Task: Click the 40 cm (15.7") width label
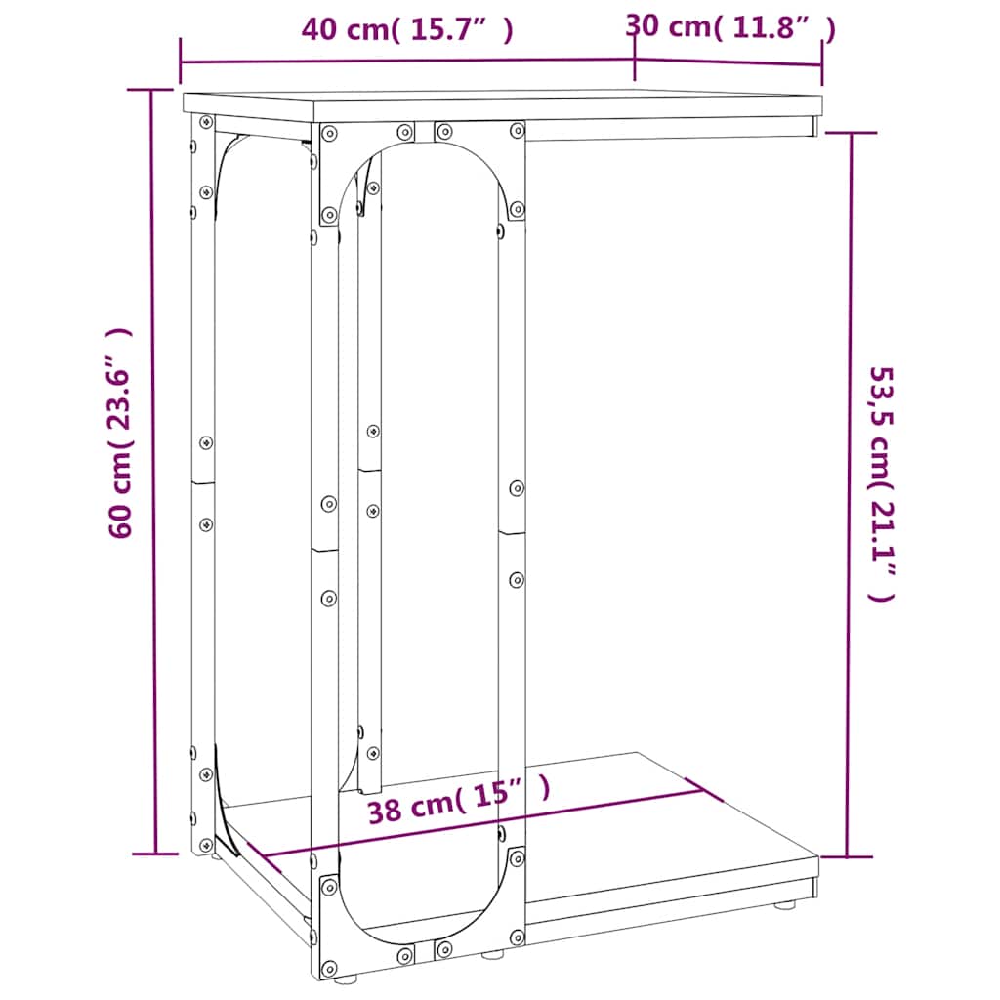(x=407, y=30)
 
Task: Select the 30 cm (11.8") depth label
(x=729, y=27)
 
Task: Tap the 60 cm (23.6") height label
(x=121, y=434)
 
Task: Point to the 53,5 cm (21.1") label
(x=881, y=483)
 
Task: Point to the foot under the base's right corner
(x=784, y=905)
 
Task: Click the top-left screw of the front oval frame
(x=329, y=132)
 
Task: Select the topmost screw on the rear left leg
(x=205, y=123)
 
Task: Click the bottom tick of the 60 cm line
(x=154, y=853)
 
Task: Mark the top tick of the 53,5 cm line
(x=849, y=134)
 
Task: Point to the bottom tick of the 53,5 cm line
(x=847, y=856)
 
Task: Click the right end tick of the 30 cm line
(x=821, y=64)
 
